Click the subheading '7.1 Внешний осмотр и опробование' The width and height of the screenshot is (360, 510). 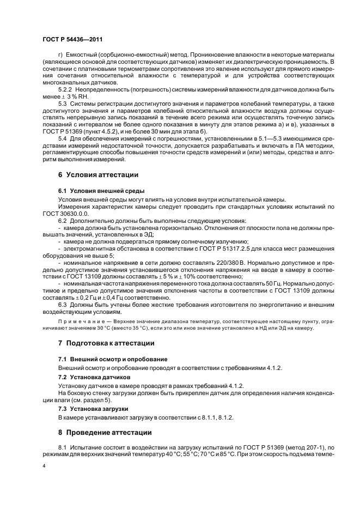pos(113,359)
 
